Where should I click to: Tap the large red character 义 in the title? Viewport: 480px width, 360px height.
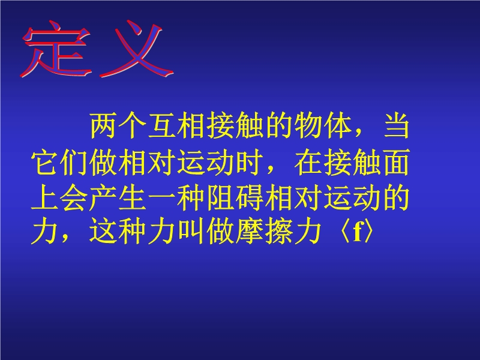click(x=137, y=49)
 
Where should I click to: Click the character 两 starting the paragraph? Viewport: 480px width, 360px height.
click(x=103, y=126)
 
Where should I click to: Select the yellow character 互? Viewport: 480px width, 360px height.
click(x=161, y=126)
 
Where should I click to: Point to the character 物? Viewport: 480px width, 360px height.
click(x=308, y=126)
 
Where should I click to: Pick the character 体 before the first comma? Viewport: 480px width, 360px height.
click(x=337, y=126)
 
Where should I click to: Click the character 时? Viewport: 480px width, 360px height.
click(x=249, y=162)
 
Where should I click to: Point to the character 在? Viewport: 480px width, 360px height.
click(x=308, y=162)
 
